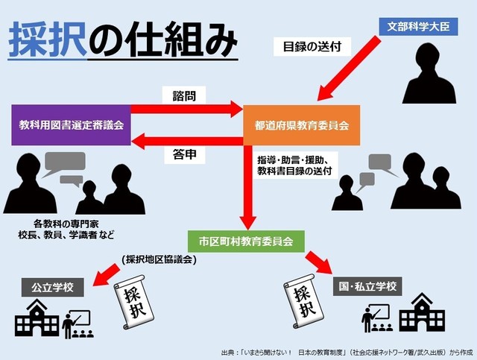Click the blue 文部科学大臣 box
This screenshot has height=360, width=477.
[x=418, y=27]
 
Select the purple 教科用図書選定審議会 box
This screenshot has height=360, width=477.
[x=72, y=125]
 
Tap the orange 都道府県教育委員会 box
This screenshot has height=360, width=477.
[x=301, y=125]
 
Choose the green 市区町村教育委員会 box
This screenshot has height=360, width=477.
[x=246, y=241]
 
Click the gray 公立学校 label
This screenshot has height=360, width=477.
[x=53, y=287]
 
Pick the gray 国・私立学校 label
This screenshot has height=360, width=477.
[x=367, y=286]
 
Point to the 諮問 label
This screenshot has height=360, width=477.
[x=184, y=95]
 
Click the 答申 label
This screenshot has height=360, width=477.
[x=184, y=154]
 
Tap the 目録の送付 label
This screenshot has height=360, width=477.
[x=312, y=47]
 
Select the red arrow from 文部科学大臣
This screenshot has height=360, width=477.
[x=349, y=69]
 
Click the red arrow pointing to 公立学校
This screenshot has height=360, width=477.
[x=106, y=275]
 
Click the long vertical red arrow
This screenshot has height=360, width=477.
[x=248, y=188]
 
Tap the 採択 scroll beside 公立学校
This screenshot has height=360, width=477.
[x=133, y=302]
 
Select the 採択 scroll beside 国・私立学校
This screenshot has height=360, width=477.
[x=304, y=300]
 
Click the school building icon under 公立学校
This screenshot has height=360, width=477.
[x=37, y=318]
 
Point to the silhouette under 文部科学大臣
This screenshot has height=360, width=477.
[x=429, y=73]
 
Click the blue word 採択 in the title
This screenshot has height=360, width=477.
[x=48, y=40]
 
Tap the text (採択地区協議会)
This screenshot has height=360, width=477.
[x=159, y=259]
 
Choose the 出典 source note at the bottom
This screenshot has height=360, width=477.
[x=347, y=353]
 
